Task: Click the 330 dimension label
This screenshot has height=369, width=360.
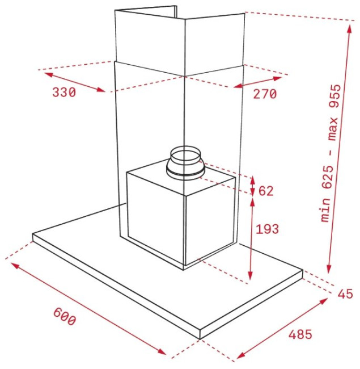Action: [64, 92]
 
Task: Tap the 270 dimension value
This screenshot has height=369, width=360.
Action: [265, 94]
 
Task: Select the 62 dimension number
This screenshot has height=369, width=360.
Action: [266, 191]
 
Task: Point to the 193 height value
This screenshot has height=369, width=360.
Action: [267, 229]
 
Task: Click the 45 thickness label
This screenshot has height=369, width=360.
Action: [345, 294]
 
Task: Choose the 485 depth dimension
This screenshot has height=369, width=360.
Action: [300, 334]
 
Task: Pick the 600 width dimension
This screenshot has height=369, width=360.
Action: [65, 317]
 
